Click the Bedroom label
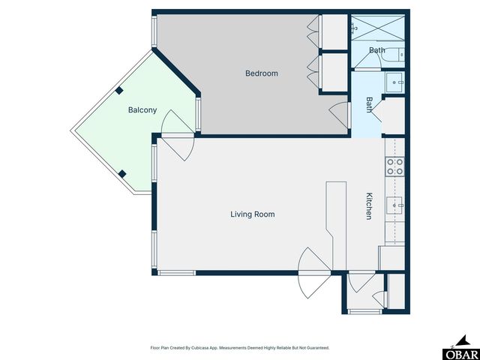click(262, 73)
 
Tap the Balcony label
click(142, 110)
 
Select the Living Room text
click(252, 214)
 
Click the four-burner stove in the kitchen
click(394, 166)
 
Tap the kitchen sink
click(394, 203)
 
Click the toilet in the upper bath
click(400, 55)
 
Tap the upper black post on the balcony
click(119, 91)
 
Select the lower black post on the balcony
click(123, 174)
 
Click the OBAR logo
click(460, 352)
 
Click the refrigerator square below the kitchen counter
click(391, 257)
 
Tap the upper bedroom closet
click(334, 31)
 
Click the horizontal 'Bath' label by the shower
click(377, 51)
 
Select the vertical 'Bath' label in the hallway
click(369, 104)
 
